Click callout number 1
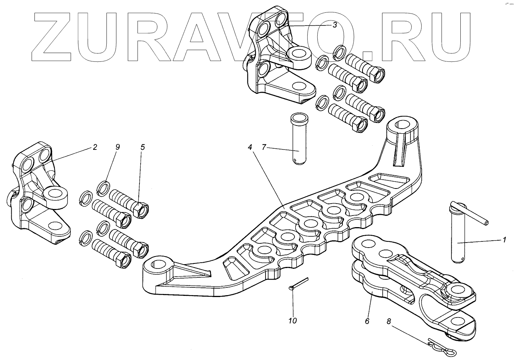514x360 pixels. pos(504,240)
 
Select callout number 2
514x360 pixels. pos(95,147)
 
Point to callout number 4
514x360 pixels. pos(250,147)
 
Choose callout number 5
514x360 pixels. pos(143,147)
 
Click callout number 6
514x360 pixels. pos(367,321)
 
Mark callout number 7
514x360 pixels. pos(264,147)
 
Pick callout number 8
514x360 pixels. pos(388,321)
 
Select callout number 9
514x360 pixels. pos(117,147)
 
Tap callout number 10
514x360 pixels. pos(293,321)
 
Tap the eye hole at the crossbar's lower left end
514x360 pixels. pos(158,265)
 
